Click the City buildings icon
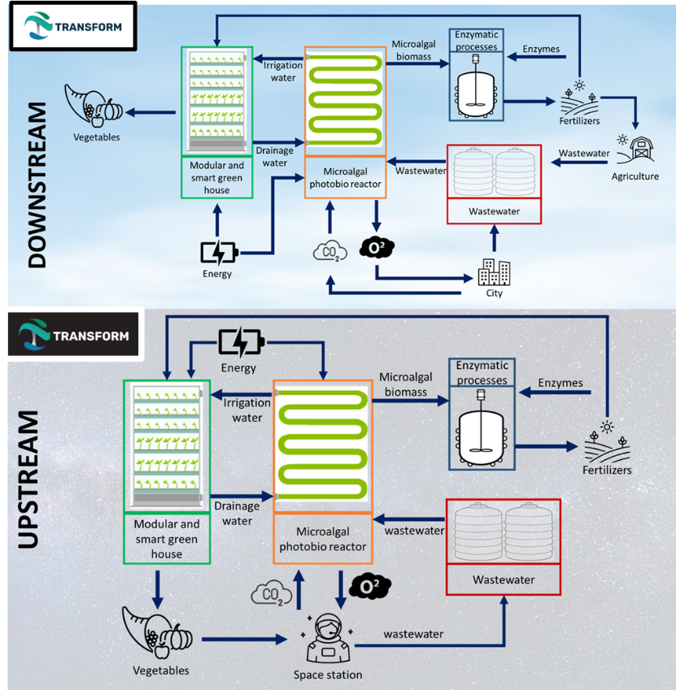coord(494,272)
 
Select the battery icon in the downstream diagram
coord(219,253)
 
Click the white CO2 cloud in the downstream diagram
coord(330,251)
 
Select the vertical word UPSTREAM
coord(28,480)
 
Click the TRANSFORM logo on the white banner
coord(72,26)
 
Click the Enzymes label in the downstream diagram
coord(540,50)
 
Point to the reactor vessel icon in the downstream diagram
coord(476,93)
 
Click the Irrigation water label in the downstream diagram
coord(282,72)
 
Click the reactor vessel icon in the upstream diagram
coord(482,436)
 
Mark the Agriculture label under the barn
coord(635,176)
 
